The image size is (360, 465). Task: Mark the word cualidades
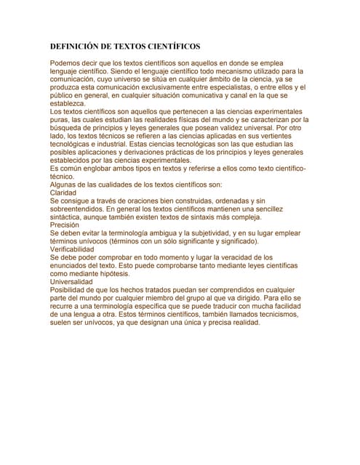(128, 185)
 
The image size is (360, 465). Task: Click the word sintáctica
(66, 217)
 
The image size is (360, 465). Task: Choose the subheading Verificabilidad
(76, 249)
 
